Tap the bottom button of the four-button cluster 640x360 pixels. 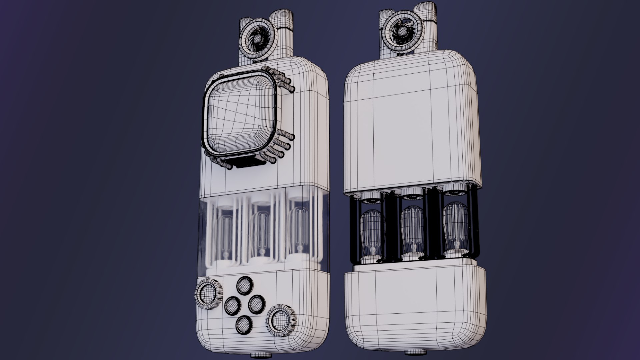(x=244, y=325)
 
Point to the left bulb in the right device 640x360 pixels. (x=373, y=230)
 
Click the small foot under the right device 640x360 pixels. (x=415, y=352)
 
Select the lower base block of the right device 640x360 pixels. (x=415, y=307)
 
